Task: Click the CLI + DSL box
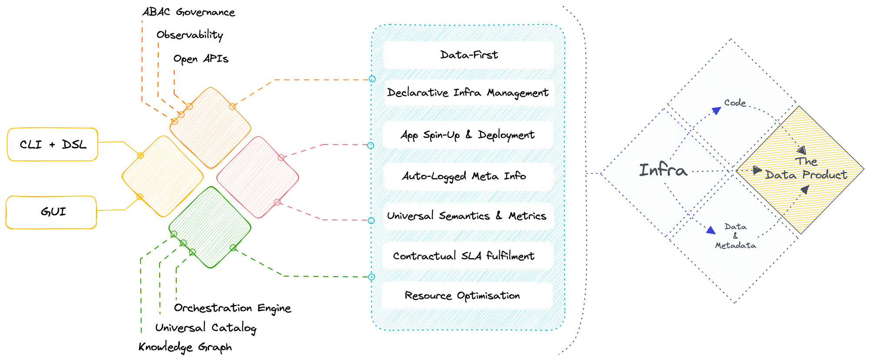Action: [53, 144]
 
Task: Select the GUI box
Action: [51, 212]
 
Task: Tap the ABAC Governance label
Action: [188, 12]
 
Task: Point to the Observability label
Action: [190, 35]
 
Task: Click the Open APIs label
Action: [201, 59]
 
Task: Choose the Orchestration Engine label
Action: [232, 308]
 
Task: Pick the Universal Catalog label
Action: [205, 327]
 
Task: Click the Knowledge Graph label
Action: [185, 347]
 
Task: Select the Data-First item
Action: [468, 55]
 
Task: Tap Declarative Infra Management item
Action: [468, 93]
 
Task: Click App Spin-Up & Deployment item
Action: [468, 135]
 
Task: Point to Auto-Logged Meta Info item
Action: [464, 176]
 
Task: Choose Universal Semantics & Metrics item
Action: [466, 216]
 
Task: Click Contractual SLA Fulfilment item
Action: [464, 256]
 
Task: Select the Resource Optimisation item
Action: [462, 296]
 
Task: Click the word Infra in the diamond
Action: [663, 170]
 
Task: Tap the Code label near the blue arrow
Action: [735, 103]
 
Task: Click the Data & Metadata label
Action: [736, 236]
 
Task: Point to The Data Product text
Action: [806, 169]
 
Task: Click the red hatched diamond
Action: [258, 177]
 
